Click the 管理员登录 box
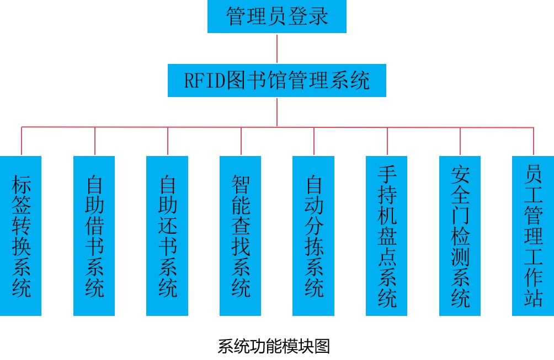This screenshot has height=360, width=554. point(277,17)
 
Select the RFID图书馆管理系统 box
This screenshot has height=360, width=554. point(277,81)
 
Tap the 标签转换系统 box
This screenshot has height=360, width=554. point(21,236)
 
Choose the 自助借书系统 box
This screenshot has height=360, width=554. point(94,236)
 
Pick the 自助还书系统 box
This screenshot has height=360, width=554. point(168,236)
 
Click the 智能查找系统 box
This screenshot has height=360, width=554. point(241,236)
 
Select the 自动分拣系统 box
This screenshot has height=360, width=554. point(313,236)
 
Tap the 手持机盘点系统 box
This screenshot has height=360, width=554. point(387,236)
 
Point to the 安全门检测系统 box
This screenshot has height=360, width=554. point(460,236)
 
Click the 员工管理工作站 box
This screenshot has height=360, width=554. point(533,236)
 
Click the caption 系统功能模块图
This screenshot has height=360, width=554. point(274,347)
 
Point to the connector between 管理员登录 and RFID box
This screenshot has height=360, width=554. point(277,49)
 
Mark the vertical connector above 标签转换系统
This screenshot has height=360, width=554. point(22,141)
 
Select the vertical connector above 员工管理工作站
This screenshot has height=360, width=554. point(534,141)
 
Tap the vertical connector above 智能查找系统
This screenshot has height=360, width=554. point(241,141)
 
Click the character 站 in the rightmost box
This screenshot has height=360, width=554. point(533,297)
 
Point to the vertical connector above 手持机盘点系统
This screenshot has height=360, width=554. point(387,141)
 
